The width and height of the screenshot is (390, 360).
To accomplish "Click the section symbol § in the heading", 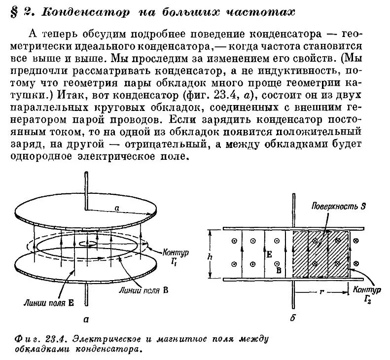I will [x=14, y=11].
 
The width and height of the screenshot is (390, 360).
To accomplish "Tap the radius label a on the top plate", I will [x=117, y=209].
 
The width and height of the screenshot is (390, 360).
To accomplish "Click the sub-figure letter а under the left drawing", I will [x=87, y=319].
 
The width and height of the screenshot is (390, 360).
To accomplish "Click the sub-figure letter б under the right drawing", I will [x=293, y=319].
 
